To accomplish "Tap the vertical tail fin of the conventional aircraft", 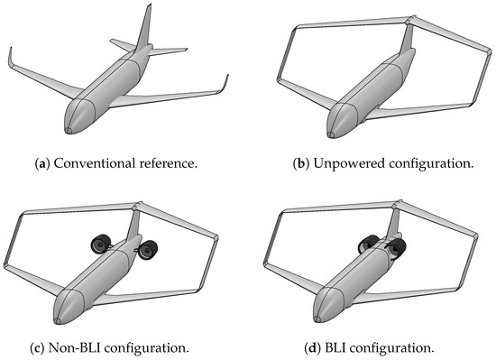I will [144, 27].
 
